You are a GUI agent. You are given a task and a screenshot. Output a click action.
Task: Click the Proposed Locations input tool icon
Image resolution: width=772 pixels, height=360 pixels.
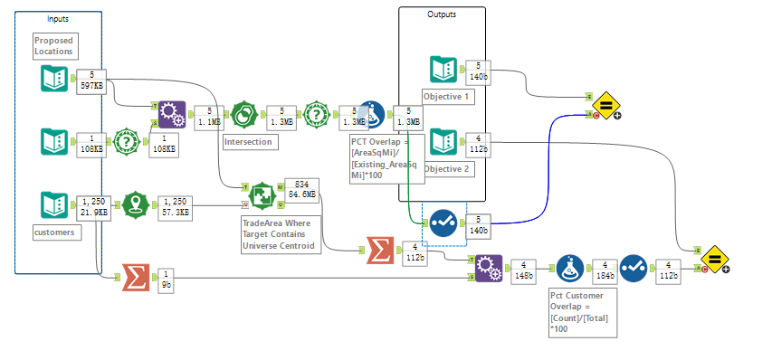(54, 80)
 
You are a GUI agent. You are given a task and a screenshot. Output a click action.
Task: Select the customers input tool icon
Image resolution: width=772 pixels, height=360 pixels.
(54, 204)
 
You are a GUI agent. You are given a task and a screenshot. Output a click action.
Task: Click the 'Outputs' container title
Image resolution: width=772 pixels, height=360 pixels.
(442, 14)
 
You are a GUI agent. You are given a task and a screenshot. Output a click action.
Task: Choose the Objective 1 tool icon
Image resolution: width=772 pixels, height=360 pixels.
(443, 70)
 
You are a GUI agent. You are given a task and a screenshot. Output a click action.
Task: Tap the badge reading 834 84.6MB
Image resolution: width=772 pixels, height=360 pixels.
(302, 188)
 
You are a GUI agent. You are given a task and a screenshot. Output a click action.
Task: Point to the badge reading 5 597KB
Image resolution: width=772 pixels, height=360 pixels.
(91, 80)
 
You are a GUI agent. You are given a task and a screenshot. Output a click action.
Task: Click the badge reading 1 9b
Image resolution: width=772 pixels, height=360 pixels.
(167, 279)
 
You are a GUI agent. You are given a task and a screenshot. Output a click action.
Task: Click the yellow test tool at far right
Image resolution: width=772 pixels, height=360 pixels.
(713, 259)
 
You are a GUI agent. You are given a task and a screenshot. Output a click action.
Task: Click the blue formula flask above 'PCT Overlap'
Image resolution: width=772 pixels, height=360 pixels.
(371, 115)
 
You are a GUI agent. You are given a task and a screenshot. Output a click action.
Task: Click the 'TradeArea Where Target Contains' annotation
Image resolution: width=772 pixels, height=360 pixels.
(280, 234)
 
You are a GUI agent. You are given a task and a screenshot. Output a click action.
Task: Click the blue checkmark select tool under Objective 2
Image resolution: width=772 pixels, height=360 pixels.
(443, 223)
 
